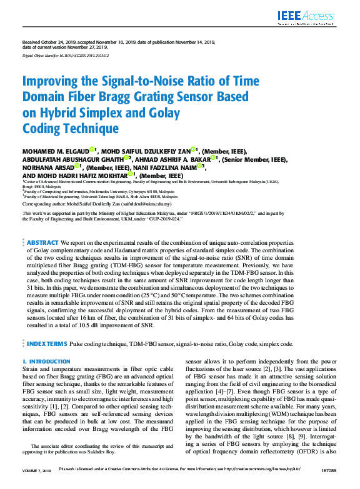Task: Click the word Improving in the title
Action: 52,81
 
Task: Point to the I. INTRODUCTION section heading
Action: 46,362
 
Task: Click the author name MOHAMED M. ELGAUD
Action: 55,151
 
